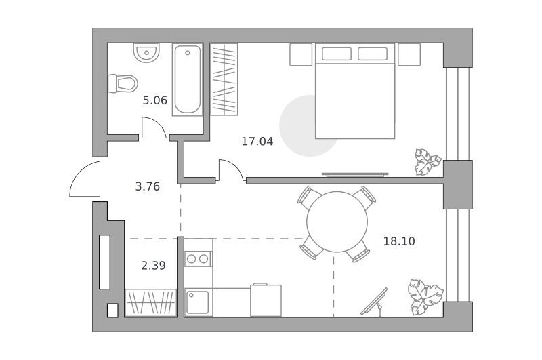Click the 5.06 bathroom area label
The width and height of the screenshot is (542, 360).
click(x=155, y=100)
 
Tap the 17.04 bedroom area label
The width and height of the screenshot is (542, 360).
click(x=257, y=142)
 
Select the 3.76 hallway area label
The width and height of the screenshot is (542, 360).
click(x=148, y=186)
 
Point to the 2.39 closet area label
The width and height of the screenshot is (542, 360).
click(x=154, y=266)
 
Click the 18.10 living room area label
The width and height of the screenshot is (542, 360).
click(x=399, y=241)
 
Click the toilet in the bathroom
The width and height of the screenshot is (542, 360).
click(x=123, y=83)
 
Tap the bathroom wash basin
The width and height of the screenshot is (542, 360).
click(x=146, y=53)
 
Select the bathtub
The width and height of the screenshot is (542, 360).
click(x=188, y=80)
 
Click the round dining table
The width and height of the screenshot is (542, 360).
click(x=337, y=222)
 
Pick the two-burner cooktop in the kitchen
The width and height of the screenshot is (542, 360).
click(x=198, y=259)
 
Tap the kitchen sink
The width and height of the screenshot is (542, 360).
click(x=197, y=302)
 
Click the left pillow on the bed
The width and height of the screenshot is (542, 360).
click(x=337, y=54)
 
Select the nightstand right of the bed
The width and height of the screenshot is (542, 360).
click(x=409, y=55)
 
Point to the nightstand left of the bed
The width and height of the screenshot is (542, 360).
click(x=301, y=55)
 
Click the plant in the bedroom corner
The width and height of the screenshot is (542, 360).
click(x=428, y=162)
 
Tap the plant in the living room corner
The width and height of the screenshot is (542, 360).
click(x=425, y=297)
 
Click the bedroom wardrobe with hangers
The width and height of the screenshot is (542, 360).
click(x=224, y=79)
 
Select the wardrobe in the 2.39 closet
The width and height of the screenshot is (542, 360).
click(x=150, y=302)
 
